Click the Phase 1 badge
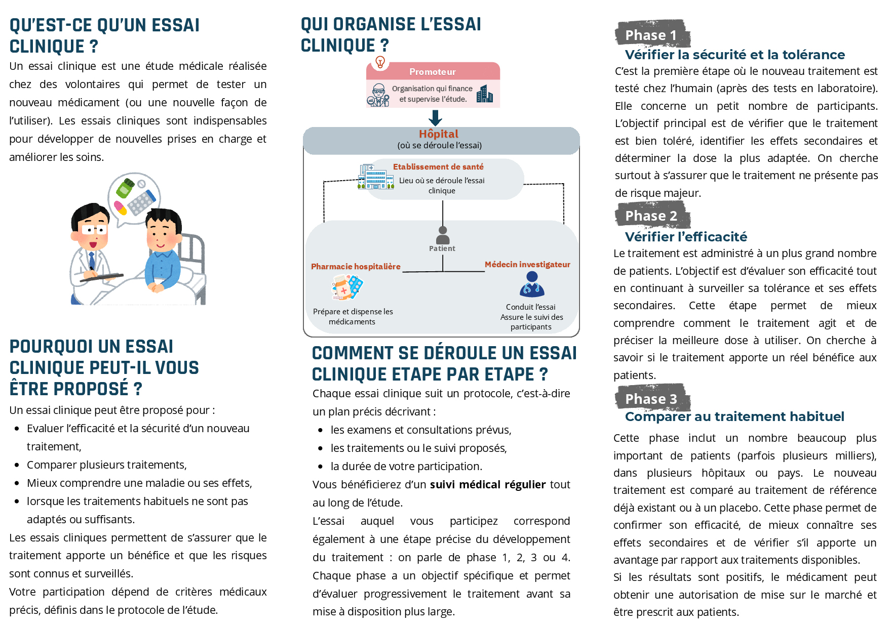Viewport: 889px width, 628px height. pyautogui.click(x=652, y=34)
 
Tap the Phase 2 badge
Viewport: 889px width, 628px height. pyautogui.click(x=652, y=216)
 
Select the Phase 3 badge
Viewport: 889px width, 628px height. pyautogui.click(x=652, y=399)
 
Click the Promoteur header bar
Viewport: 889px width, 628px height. pyautogui.click(x=433, y=72)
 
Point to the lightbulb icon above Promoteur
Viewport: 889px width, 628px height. pyautogui.click(x=380, y=62)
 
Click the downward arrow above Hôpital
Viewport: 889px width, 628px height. pyautogui.click(x=435, y=118)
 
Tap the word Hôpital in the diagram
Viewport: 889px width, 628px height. pyautogui.click(x=439, y=134)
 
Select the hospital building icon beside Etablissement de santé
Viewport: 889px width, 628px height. pyautogui.click(x=376, y=177)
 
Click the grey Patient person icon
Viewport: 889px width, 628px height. pyautogui.click(x=443, y=236)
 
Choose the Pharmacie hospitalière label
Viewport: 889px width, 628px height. pyautogui.click(x=356, y=267)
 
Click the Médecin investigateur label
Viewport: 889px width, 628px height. pyautogui.click(x=527, y=265)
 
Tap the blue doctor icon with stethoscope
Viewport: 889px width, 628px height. pyautogui.click(x=532, y=285)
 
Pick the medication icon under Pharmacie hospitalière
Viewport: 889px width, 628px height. pyautogui.click(x=347, y=288)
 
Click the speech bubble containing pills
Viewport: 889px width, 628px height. pyautogui.click(x=134, y=198)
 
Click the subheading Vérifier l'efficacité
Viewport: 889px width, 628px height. pyautogui.click(x=686, y=237)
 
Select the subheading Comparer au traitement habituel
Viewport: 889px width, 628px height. pyautogui.click(x=735, y=416)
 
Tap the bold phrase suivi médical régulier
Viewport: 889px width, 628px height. pyautogui.click(x=488, y=485)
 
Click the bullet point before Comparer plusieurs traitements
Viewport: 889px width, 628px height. pyautogui.click(x=17, y=465)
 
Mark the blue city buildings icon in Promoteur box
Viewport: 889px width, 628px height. pyautogui.click(x=485, y=94)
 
